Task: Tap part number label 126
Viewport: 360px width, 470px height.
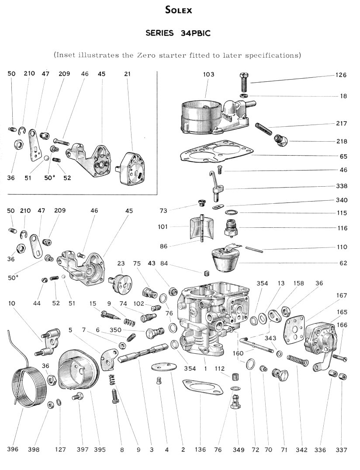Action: [x=341, y=75]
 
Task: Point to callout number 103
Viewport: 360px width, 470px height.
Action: [x=208, y=75]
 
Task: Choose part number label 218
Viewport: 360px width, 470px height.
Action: [x=341, y=141]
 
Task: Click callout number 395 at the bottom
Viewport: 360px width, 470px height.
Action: [x=100, y=449]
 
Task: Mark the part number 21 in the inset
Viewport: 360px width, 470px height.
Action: [x=127, y=74]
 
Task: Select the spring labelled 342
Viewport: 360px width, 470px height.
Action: [x=298, y=360]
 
